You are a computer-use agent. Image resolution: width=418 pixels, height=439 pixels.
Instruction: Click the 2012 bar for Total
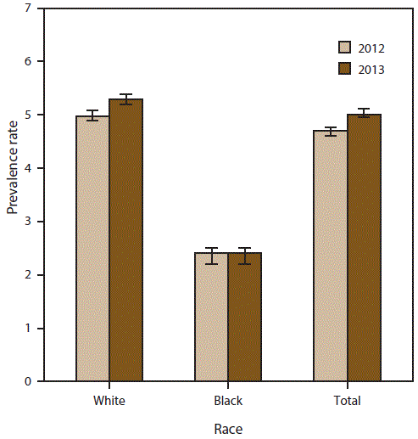330,256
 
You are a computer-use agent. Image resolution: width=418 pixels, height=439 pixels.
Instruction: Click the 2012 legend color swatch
345,48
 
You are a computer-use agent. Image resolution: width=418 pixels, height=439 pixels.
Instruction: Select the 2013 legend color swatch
345,69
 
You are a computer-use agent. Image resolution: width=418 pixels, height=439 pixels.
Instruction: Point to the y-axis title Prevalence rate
13,194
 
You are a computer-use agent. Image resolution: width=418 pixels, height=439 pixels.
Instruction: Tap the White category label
109,400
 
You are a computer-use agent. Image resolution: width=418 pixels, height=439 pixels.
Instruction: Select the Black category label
227,400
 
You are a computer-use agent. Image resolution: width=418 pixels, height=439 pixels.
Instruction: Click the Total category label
347,400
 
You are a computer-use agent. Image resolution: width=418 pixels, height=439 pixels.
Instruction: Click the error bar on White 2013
125,99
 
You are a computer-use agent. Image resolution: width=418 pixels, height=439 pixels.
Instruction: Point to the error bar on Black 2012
211,256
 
